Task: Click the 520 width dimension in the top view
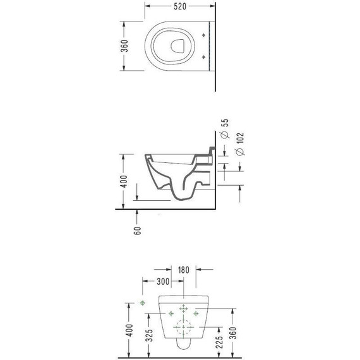pyautogui.click(x=180, y=6)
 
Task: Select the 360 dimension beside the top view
pyautogui.click(x=124, y=46)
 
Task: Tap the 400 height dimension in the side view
pyautogui.click(x=124, y=181)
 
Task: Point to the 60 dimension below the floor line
pyautogui.click(x=137, y=231)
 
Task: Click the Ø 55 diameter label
pyautogui.click(x=225, y=128)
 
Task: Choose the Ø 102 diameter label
pyautogui.click(x=240, y=144)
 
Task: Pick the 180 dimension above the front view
pyautogui.click(x=183, y=270)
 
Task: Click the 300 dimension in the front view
pyautogui.click(x=163, y=281)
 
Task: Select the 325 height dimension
pyautogui.click(x=149, y=335)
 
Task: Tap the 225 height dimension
pyautogui.click(x=220, y=342)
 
